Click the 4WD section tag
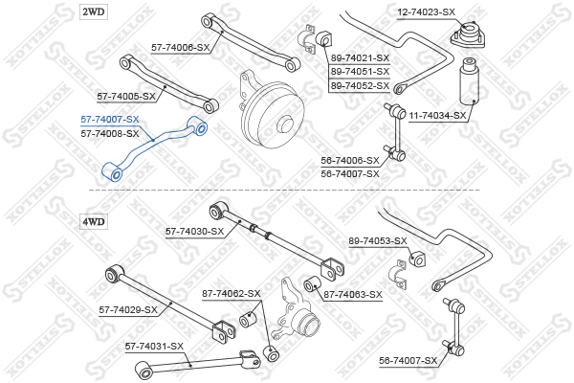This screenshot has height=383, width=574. coord(94,221)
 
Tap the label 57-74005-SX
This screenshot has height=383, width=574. coord(125,96)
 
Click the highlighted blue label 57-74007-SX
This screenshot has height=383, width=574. coord(109,120)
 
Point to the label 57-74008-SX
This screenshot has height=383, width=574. coord(109,134)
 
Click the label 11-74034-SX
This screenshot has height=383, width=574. coord(437,115)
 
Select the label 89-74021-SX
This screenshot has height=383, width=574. coord(360,58)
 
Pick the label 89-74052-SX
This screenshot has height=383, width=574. coord(360,85)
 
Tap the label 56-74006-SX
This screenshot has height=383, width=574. coord(350,160)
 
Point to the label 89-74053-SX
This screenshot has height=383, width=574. coord(378,240)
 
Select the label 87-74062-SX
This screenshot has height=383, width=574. coord(231,293)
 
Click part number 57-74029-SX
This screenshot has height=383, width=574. coord(128,309)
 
